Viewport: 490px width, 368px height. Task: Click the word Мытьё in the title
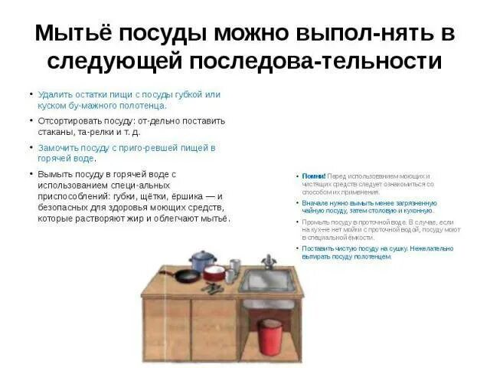[x=71, y=34]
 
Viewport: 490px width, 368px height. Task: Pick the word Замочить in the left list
[x=56, y=147]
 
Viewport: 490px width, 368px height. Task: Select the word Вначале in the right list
[x=315, y=202]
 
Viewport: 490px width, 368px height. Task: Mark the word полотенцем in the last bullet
[x=374, y=256]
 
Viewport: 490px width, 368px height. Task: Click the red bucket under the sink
[x=269, y=334]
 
